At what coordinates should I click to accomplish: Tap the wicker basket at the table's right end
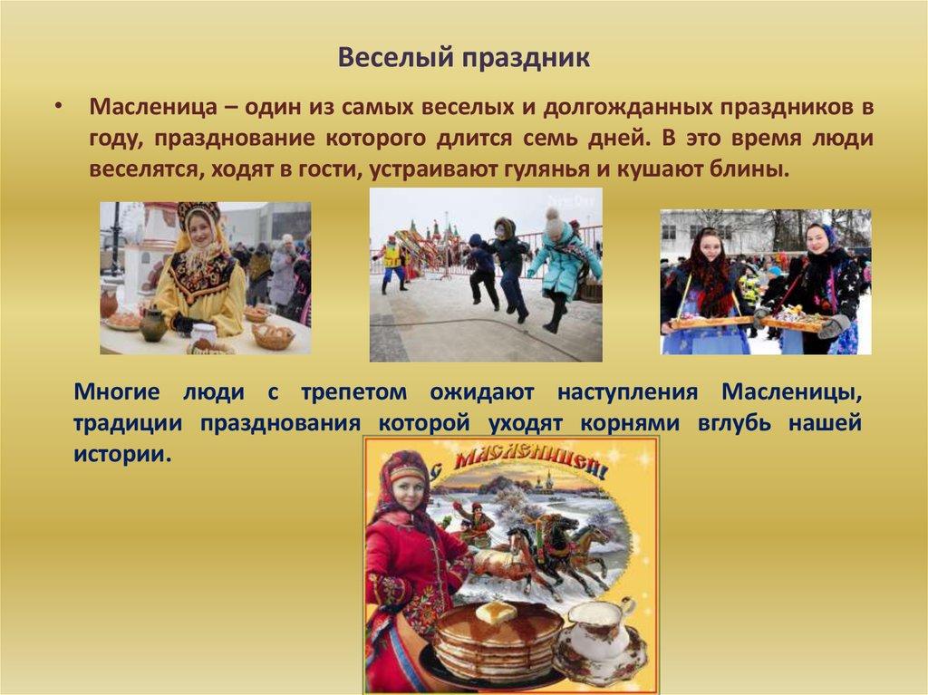(273, 336)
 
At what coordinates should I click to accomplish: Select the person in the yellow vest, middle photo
(392, 259)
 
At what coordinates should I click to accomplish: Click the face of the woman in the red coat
(407, 491)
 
